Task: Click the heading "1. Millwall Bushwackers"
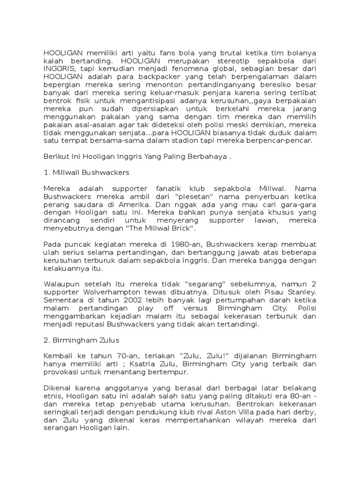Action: [86, 172]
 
